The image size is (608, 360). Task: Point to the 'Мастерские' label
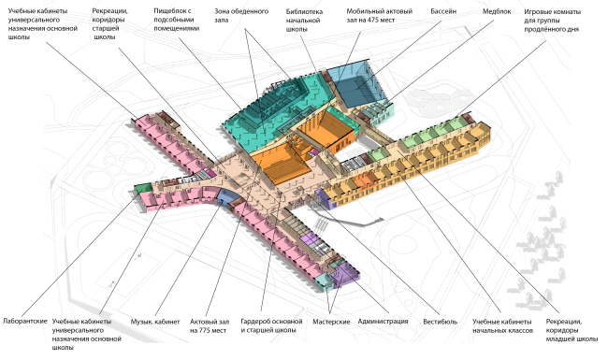coord(331,322)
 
